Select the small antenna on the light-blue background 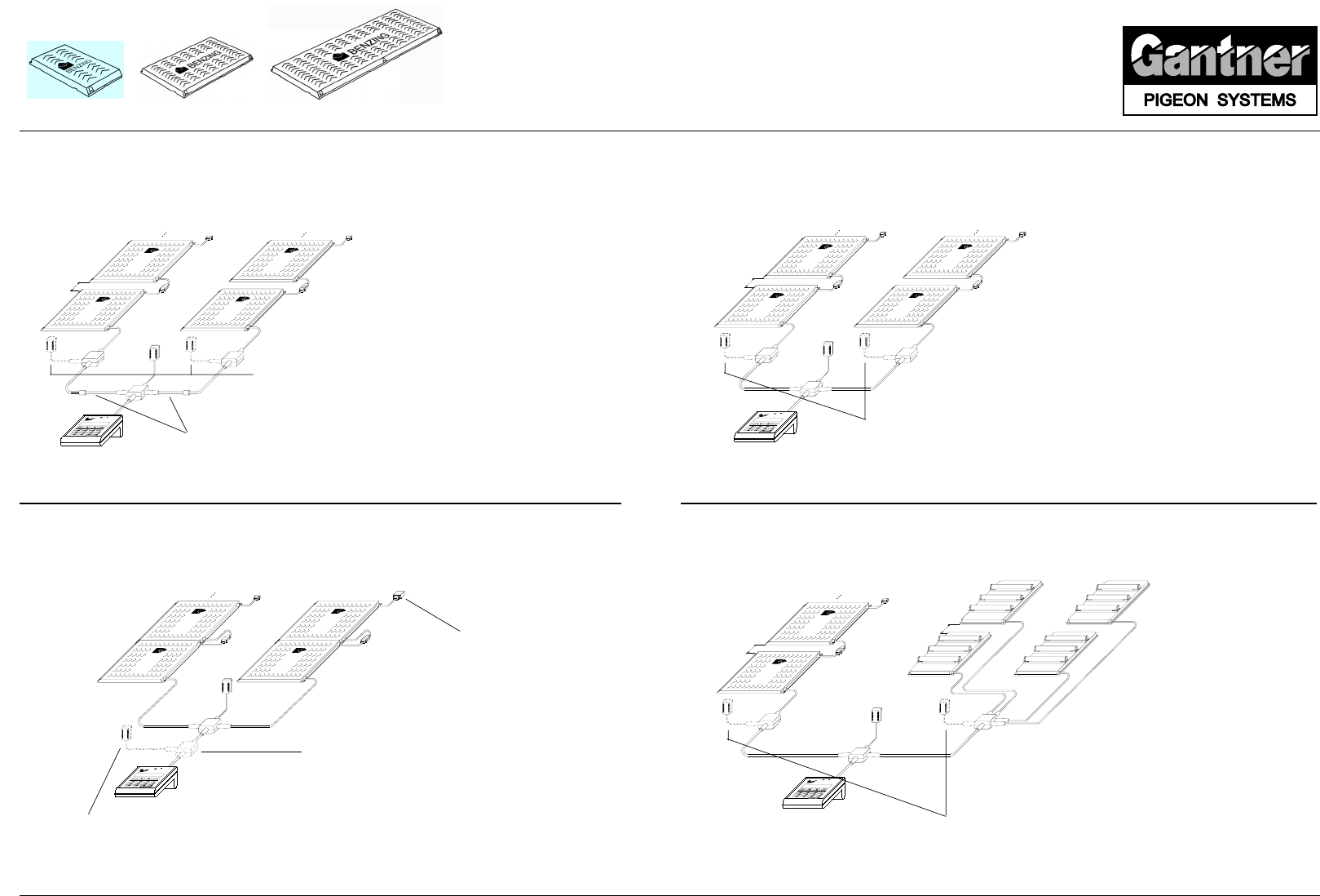pyautogui.click(x=75, y=70)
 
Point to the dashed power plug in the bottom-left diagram pyautogui.click(x=126, y=734)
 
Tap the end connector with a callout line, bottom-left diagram pyautogui.click(x=398, y=597)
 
